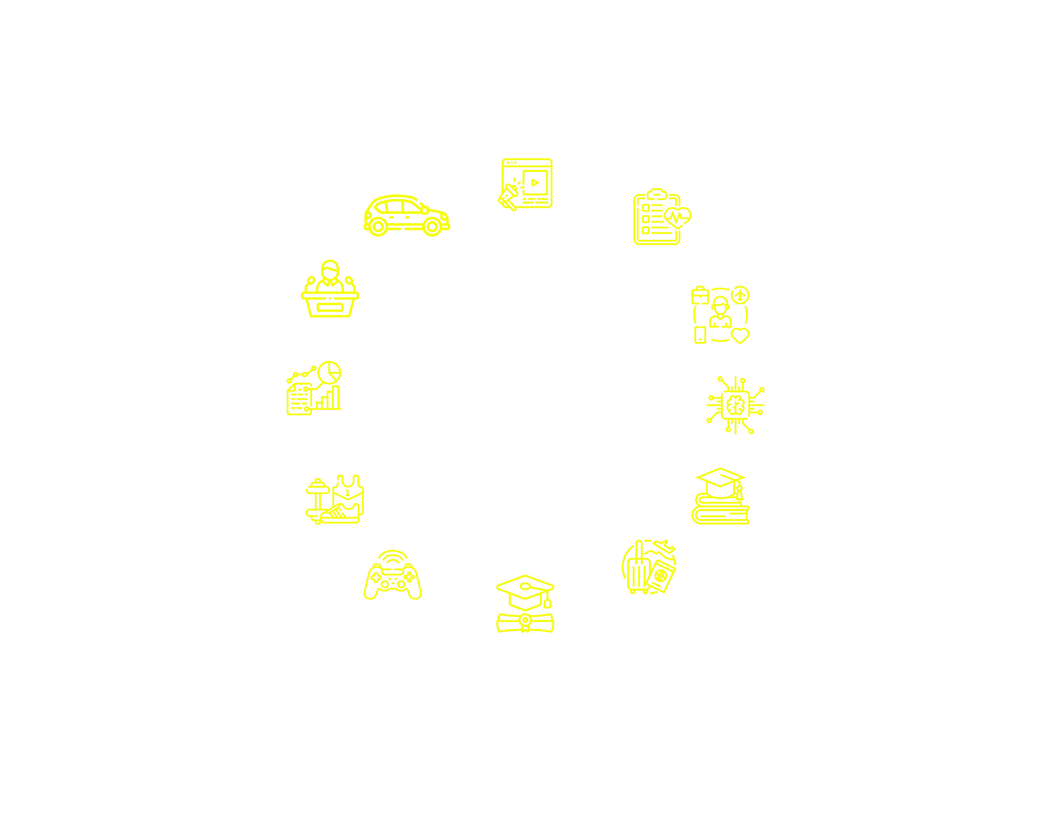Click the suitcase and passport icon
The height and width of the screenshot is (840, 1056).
click(x=649, y=567)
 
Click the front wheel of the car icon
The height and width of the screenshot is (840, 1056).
click(x=432, y=227)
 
